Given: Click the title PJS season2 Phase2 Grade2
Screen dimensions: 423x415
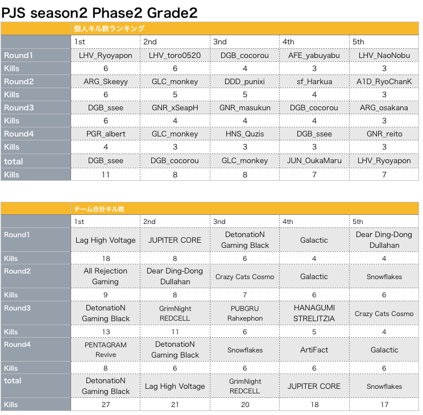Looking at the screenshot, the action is (x=99, y=13).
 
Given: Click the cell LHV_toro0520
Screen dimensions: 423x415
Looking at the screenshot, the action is (x=175, y=55).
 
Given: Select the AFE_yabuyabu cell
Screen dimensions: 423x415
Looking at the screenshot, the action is (x=314, y=56).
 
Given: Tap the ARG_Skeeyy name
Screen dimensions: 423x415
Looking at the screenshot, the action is (x=106, y=82).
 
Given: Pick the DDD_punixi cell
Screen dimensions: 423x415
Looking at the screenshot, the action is (x=244, y=81).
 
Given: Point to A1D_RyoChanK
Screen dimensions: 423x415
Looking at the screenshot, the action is (x=384, y=81).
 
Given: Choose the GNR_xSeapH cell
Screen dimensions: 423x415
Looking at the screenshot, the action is (x=175, y=108).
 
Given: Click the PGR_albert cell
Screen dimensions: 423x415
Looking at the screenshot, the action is (x=106, y=134).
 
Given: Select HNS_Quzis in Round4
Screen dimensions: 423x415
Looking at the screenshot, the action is (x=244, y=134).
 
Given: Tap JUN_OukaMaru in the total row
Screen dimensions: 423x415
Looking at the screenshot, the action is (x=314, y=160).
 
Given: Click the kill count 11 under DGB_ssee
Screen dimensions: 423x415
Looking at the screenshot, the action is (x=106, y=175).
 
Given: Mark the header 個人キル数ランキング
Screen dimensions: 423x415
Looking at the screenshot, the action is (x=109, y=28).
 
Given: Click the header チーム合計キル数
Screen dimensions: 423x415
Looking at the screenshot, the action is (x=99, y=209).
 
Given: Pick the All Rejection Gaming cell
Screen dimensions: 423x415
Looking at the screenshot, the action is (x=106, y=276).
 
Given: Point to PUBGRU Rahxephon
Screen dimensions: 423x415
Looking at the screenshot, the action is (x=244, y=313).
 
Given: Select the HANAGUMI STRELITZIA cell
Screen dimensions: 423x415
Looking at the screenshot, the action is (x=314, y=313).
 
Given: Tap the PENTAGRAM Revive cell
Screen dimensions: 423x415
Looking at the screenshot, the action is (x=106, y=350).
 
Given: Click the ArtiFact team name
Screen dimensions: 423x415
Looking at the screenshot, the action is (x=314, y=350).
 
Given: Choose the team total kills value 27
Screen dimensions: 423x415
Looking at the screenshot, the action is (x=106, y=404).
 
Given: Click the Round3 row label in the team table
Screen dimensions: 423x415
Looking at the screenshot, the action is (x=17, y=308).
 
